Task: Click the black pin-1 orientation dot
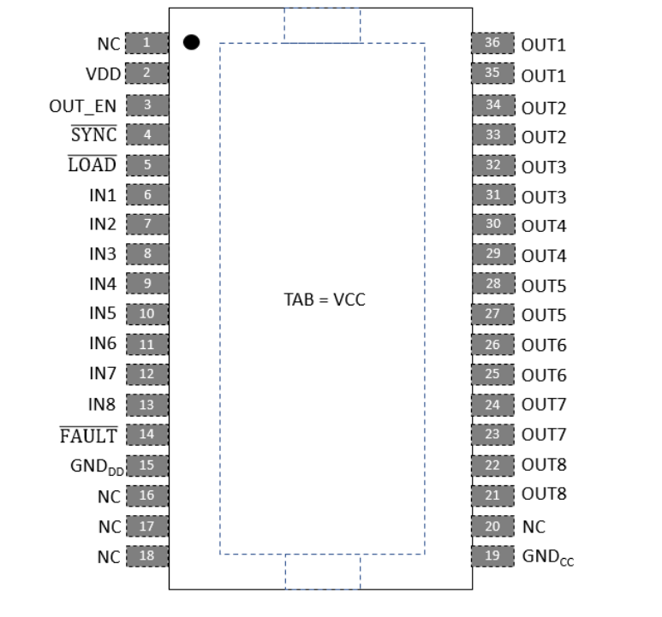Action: [191, 42]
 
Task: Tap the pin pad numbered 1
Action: [147, 43]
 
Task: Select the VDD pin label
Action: [104, 74]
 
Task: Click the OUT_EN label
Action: [83, 106]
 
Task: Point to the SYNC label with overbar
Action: [93, 134]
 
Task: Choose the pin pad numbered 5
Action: [147, 165]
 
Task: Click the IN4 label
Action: [103, 284]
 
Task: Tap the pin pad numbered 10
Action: [147, 314]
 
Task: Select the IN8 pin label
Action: [102, 405]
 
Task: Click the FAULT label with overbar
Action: [89, 436]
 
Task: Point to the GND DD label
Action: [97, 467]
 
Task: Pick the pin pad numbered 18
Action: [147, 556]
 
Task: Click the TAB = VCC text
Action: [325, 300]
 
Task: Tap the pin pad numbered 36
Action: [492, 43]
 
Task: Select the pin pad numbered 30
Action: [493, 224]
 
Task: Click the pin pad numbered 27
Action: [492, 314]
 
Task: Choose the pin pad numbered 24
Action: [492, 405]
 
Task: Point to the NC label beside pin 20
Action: [534, 527]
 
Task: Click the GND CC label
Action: [548, 557]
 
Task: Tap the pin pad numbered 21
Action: [492, 495]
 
